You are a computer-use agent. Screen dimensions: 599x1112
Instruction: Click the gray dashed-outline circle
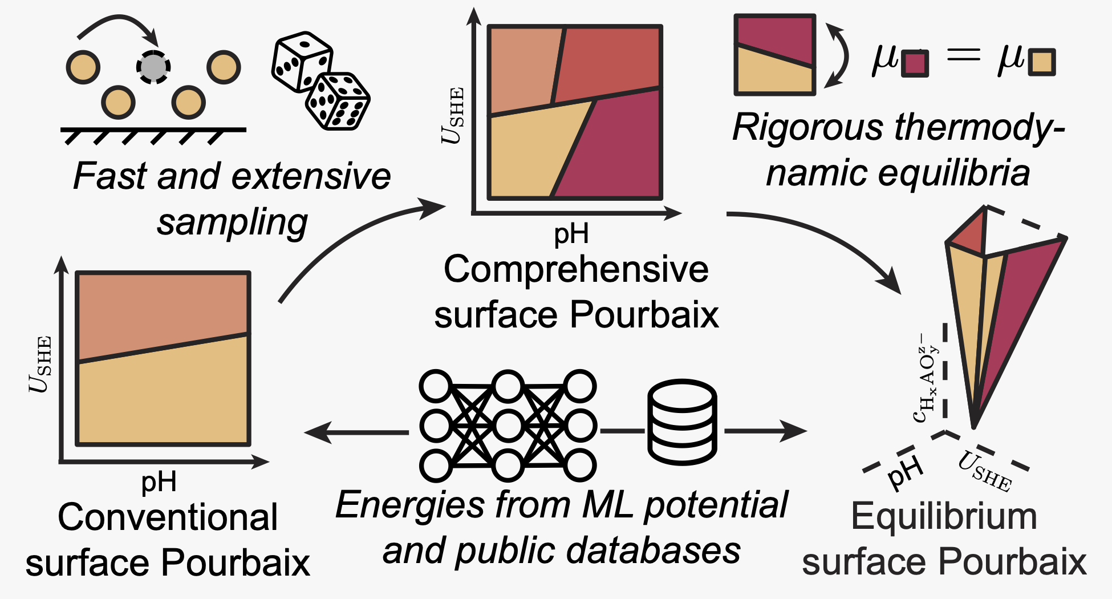153,67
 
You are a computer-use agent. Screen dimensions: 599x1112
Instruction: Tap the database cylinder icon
682,422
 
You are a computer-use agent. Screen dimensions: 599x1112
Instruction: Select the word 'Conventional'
168,517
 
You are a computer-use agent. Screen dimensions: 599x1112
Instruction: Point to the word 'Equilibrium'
944,517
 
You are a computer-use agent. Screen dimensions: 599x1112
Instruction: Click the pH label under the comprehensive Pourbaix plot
571,234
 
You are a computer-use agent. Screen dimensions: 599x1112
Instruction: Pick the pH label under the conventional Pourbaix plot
159,482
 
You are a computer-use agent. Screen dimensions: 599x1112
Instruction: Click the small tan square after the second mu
1042,62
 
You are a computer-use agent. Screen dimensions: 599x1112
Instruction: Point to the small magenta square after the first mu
915,63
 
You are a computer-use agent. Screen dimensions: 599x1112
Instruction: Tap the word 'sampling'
232,222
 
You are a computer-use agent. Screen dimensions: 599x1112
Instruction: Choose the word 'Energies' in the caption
410,505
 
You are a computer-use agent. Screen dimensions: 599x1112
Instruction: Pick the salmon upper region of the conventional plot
163,311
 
